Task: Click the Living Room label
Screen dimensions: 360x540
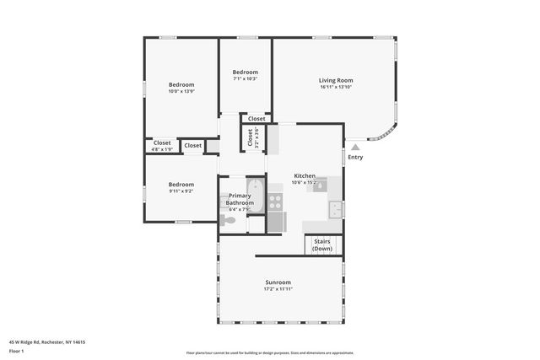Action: pyautogui.click(x=335, y=80)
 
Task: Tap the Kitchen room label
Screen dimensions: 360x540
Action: pyautogui.click(x=304, y=175)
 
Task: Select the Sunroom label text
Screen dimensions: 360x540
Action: pyautogui.click(x=278, y=282)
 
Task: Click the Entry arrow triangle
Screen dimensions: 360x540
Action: pyautogui.click(x=355, y=147)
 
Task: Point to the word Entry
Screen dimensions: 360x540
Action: pyautogui.click(x=355, y=157)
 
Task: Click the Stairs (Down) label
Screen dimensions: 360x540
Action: pyautogui.click(x=322, y=244)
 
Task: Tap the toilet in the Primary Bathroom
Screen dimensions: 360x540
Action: pyautogui.click(x=228, y=220)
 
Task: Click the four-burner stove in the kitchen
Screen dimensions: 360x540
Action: pyautogui.click(x=275, y=202)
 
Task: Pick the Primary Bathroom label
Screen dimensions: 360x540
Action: pyautogui.click(x=240, y=199)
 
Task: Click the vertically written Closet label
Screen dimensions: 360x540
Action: pyautogui.click(x=251, y=137)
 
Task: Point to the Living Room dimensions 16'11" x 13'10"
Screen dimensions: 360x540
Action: pyautogui.click(x=335, y=88)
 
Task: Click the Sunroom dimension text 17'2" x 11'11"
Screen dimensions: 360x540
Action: pyautogui.click(x=278, y=290)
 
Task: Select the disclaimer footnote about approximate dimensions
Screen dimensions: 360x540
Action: pyautogui.click(x=270, y=353)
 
